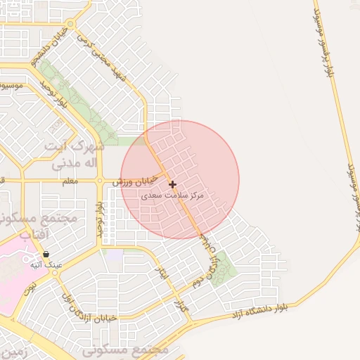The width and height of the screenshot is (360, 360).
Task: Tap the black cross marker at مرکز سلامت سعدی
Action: (173, 184)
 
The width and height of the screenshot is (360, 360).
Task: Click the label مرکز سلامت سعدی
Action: (173, 195)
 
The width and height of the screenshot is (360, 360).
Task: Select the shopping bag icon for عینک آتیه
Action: (46, 255)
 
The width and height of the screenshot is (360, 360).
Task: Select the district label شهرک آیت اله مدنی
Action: (75, 156)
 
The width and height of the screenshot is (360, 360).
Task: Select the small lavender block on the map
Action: (113, 254)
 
